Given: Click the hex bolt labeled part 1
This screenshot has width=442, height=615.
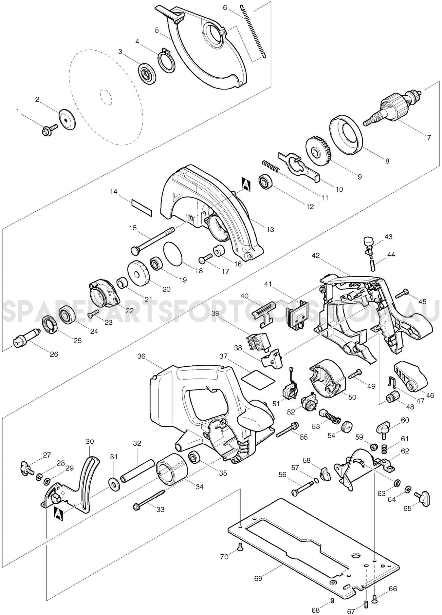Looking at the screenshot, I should click(x=47, y=130).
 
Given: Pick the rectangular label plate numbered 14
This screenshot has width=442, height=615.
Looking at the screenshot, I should click(x=142, y=207).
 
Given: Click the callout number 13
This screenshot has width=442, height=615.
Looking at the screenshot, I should click(x=270, y=229).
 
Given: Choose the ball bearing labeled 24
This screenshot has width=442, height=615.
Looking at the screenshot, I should click(x=67, y=316).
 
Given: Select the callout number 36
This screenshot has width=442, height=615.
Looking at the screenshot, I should click(x=142, y=356).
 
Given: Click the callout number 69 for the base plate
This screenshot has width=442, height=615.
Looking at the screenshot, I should click(x=258, y=578).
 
